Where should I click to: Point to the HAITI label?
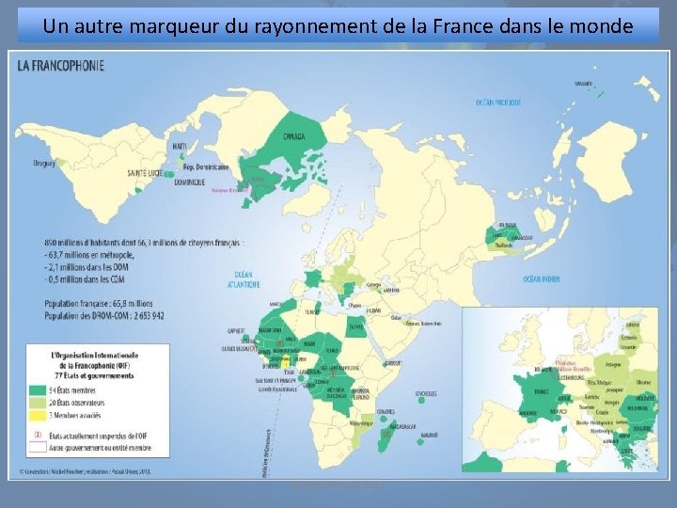coord(179,146)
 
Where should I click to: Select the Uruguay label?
coord(44,163)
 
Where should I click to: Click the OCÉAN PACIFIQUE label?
coord(497,102)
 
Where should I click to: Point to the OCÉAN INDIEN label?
coord(542,278)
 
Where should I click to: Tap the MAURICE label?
coord(430,435)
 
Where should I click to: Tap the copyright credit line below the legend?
coord(85,469)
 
